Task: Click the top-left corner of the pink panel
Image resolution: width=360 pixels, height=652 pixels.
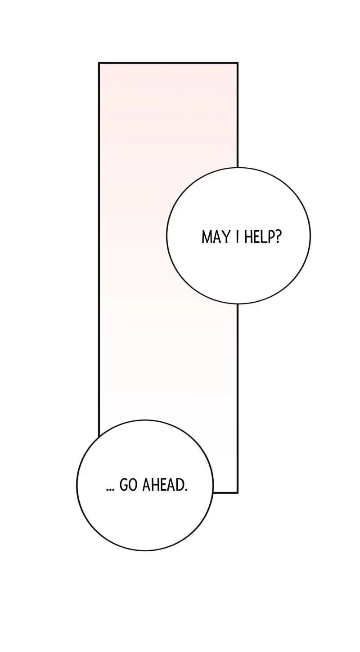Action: click(99, 63)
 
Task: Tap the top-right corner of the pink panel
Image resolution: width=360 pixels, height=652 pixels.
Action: click(238, 63)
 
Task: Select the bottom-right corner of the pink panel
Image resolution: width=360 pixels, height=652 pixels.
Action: click(238, 492)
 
